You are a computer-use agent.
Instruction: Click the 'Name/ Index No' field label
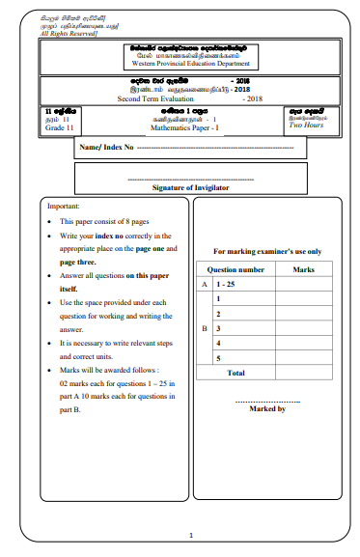107,148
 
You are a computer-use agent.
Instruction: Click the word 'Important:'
64,207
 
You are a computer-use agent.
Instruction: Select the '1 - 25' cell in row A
224,285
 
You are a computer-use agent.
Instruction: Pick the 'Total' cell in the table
235,372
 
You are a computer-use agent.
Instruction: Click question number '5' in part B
219,357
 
